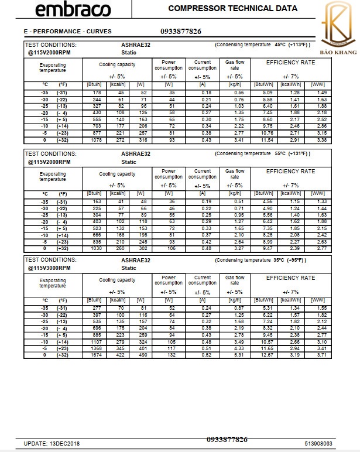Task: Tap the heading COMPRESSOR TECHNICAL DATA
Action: pyautogui.click(x=232, y=8)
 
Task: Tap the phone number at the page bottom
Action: pyautogui.click(x=227, y=439)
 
